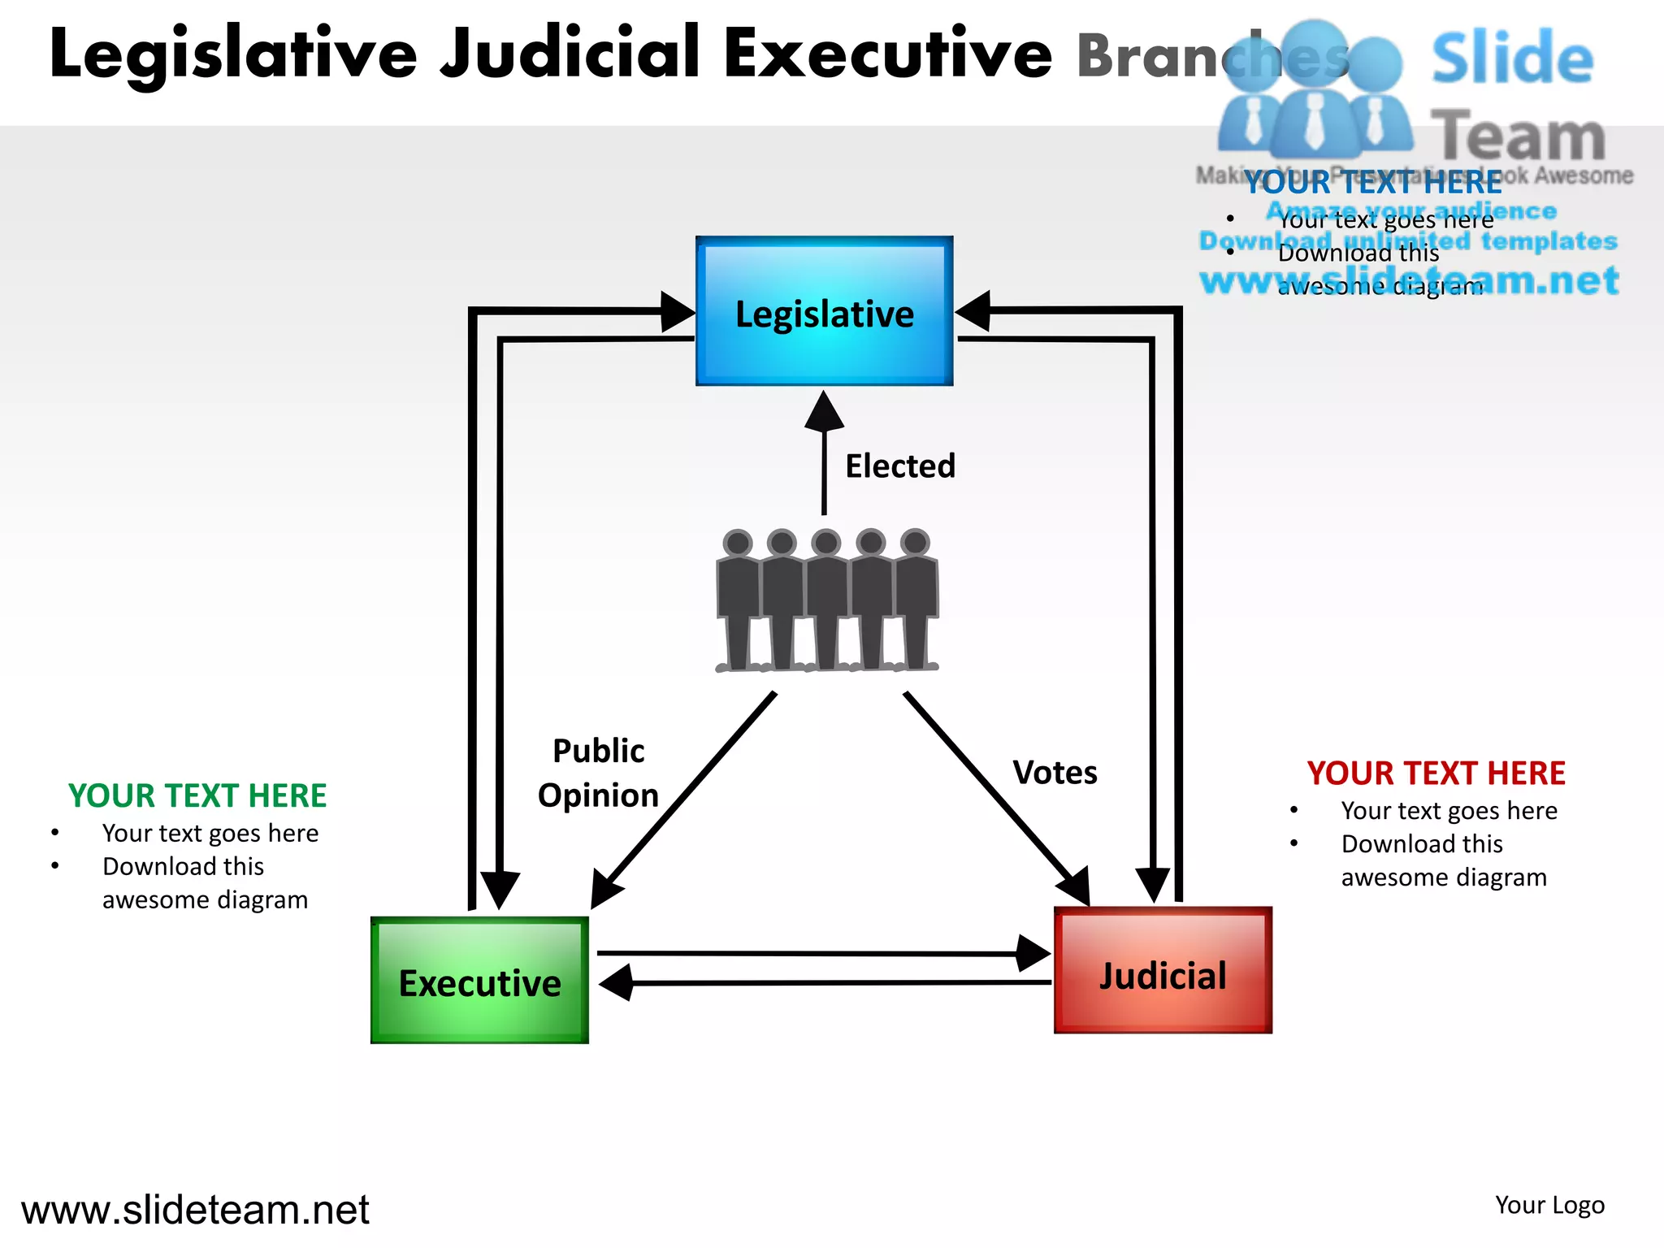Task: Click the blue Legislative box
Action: [824, 311]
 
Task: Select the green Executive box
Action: [479, 981]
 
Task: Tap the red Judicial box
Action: [1163, 971]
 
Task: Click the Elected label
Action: [900, 466]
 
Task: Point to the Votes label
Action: [1055, 773]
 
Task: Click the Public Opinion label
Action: [598, 773]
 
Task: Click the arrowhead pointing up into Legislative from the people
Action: [824, 410]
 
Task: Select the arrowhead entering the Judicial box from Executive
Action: [1033, 953]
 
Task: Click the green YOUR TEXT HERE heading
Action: [197, 796]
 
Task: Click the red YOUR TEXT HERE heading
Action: [1436, 773]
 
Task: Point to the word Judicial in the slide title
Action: [570, 54]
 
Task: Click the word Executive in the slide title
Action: [888, 54]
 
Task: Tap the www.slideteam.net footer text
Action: [195, 1210]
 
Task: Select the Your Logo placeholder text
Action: [1549, 1205]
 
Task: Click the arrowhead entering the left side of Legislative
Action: [678, 311]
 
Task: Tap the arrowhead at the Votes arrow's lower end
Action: [1075, 887]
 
